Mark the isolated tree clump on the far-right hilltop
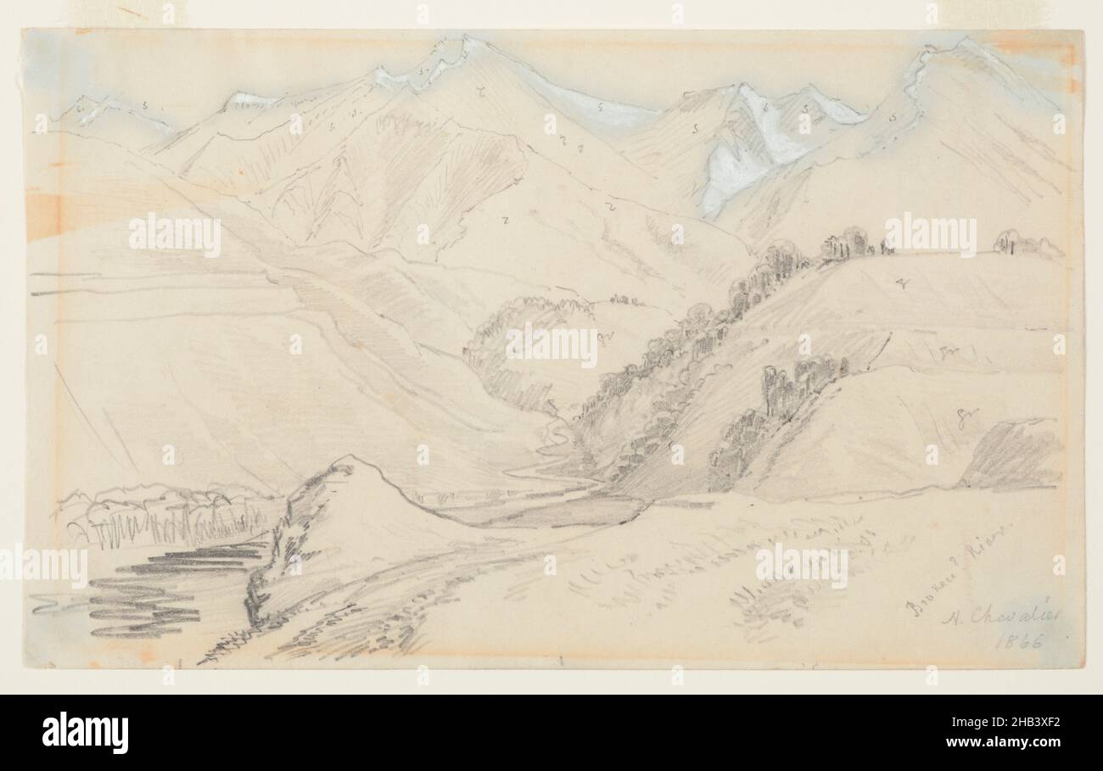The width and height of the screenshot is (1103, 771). [x=1008, y=242]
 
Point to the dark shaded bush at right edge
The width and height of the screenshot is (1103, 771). [x=1010, y=458]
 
